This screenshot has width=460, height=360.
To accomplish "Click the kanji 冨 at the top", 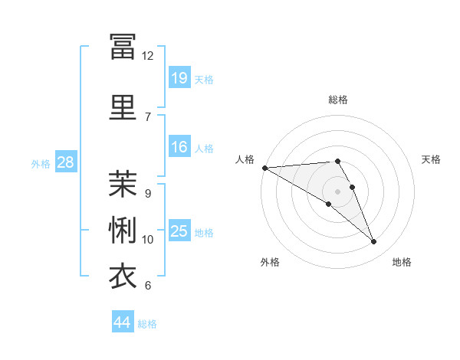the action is (123, 46).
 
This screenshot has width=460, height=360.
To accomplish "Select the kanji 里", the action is (123, 107).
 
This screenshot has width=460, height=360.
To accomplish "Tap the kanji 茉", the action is (123, 184).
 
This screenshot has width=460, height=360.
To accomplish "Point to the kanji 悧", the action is (123, 230).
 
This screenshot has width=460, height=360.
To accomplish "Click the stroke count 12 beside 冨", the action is (147, 56).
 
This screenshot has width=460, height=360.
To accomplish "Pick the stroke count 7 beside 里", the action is (148, 117).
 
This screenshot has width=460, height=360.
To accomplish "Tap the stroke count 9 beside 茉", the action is (148, 194).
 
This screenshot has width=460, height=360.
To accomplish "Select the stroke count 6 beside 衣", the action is (148, 285).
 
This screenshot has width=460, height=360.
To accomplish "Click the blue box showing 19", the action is (179, 77).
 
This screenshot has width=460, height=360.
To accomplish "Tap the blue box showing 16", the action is (179, 146).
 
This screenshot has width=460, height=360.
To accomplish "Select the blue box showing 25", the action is (179, 230).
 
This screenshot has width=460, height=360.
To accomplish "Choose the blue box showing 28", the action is (66, 162).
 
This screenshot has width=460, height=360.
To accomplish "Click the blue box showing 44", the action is (123, 321).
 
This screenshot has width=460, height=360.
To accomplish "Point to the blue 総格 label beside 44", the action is (147, 324).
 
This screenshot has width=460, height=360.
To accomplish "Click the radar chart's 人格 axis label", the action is (245, 159).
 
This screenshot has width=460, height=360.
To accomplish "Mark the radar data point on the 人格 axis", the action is (265, 168).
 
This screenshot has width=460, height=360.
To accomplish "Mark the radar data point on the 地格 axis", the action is (373, 241).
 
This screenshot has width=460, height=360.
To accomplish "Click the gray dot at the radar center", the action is (337, 191).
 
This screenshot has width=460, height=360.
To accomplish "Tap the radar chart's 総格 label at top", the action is (338, 100).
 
